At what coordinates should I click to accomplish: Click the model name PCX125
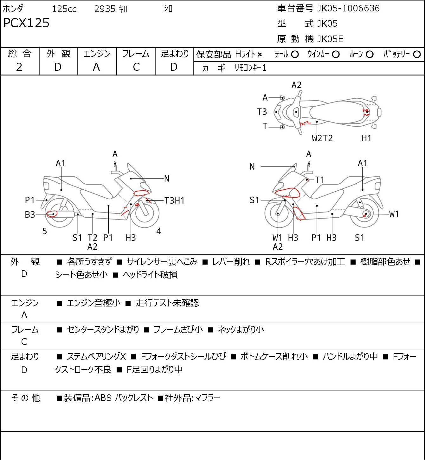pos(26,23)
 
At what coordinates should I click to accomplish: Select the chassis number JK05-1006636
pos(348,8)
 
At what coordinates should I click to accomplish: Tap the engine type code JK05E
pos(330,39)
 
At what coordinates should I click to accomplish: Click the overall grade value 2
pos(19,67)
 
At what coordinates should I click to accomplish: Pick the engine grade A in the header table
pos(96,67)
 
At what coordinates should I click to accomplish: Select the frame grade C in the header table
pos(136,67)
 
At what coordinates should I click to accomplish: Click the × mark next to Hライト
pos(260,55)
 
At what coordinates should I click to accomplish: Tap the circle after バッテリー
pos(417,55)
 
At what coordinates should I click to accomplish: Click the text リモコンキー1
pos(250,68)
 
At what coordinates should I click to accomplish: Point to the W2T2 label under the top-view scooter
pos(322,138)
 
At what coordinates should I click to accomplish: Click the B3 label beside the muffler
pos(30,214)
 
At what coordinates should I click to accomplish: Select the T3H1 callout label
pos(174,200)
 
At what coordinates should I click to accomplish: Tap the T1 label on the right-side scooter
pos(320,180)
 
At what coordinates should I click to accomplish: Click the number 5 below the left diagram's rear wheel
pos(45,231)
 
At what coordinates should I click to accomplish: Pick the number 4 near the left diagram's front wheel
pos(158,231)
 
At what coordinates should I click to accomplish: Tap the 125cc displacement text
pos(64,9)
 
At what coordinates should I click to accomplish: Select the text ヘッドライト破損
pos(150,275)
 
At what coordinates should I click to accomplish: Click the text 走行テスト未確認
pos(167,303)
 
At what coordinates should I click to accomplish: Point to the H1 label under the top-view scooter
pos(366,138)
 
